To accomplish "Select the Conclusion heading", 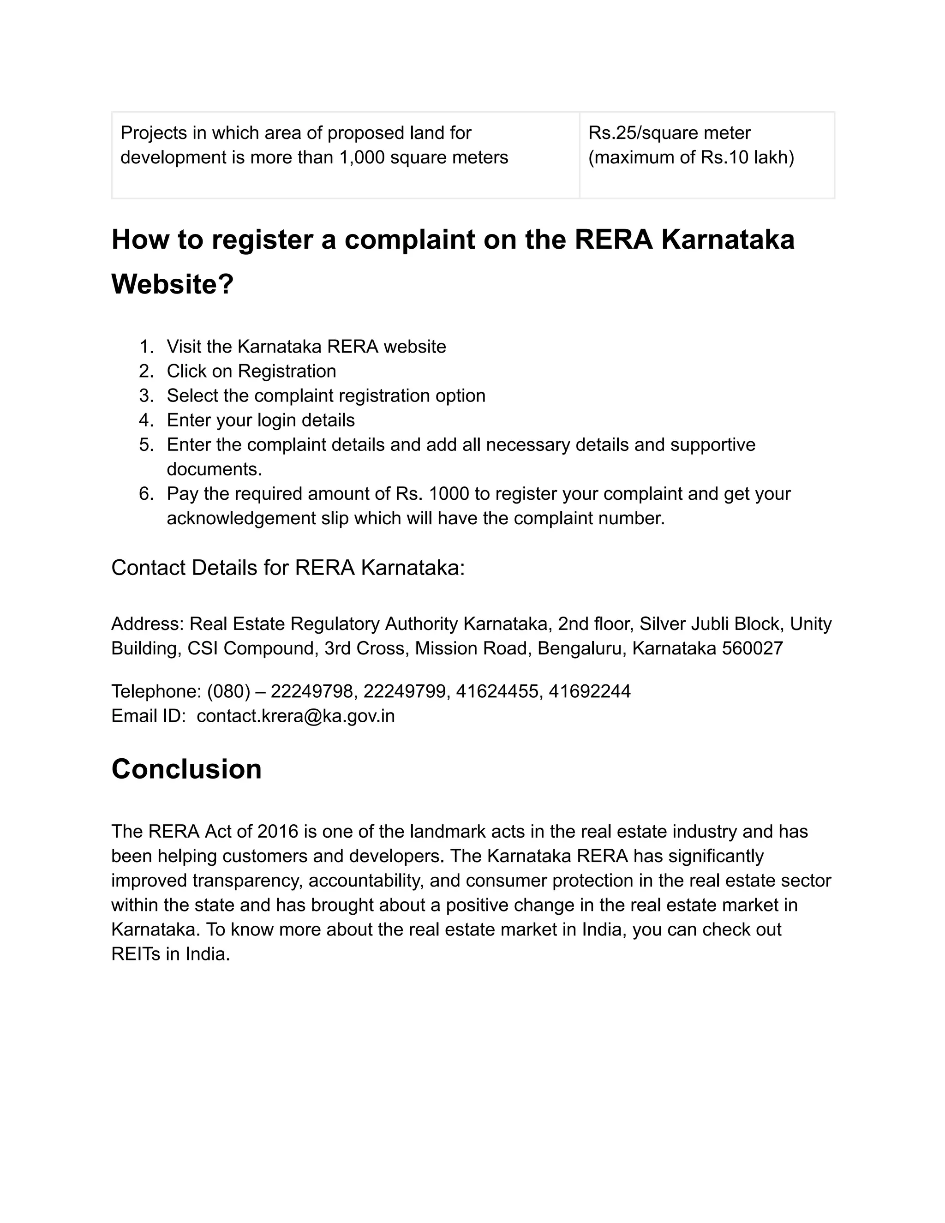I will click(x=186, y=769).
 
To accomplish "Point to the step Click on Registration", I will click(x=251, y=371).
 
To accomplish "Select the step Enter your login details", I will click(x=260, y=420).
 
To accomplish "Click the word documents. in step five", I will click(x=215, y=469).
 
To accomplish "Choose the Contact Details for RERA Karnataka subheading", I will click(x=288, y=568).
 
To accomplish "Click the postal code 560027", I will click(x=753, y=648).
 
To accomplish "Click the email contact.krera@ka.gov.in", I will click(x=296, y=716).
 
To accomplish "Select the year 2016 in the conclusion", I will click(x=278, y=832).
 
